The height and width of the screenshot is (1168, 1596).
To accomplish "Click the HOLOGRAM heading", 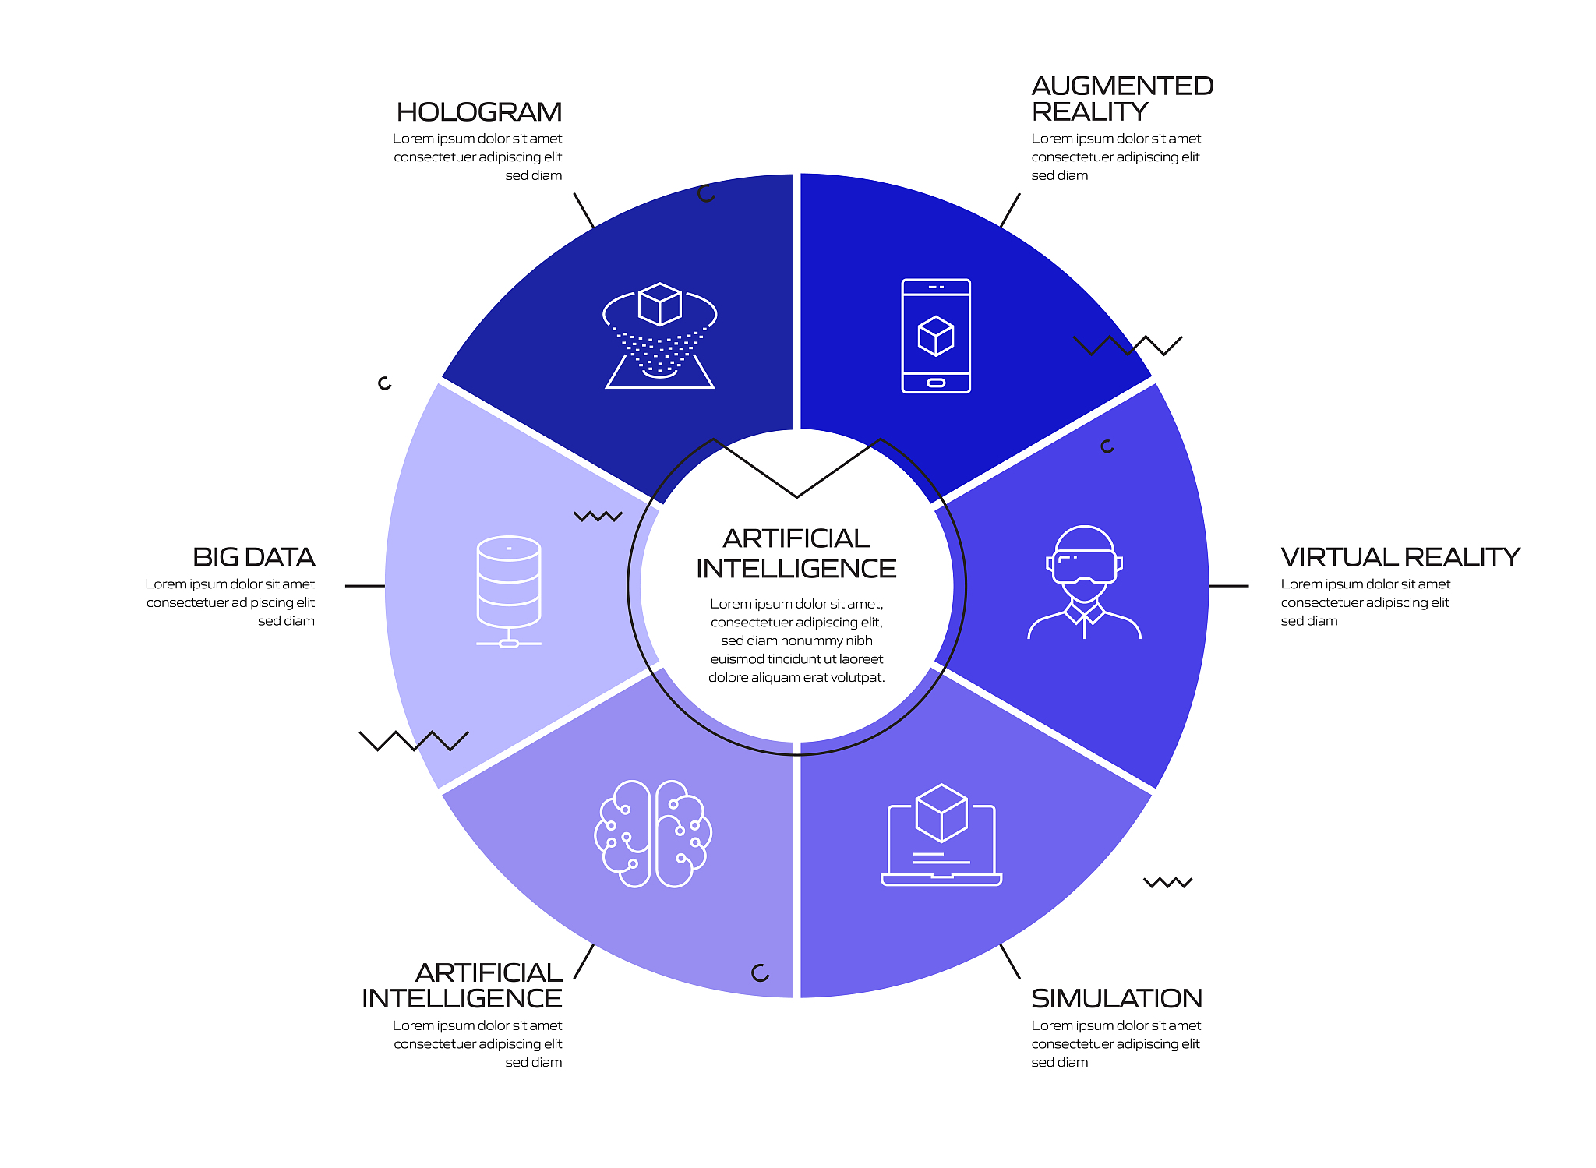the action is (x=478, y=112).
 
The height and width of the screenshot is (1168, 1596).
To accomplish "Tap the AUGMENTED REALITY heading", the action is (x=1122, y=99).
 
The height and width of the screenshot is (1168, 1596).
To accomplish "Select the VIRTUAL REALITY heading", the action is (x=1400, y=557).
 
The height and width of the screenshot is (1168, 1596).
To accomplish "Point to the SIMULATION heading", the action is (x=1117, y=998).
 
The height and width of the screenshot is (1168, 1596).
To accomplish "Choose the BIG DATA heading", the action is (x=254, y=557).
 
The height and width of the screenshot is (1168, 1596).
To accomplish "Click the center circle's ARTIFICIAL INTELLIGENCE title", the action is (x=796, y=553).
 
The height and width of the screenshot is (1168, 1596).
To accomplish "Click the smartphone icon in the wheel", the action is (x=936, y=336).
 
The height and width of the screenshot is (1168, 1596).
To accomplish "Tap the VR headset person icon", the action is (x=1084, y=582).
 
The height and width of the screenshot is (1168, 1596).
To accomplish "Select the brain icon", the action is (x=653, y=834).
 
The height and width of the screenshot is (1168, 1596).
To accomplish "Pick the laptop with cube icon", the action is (x=941, y=835).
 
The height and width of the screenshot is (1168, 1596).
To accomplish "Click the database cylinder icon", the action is (x=509, y=591).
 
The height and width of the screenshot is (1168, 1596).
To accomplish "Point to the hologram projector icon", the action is (x=660, y=336).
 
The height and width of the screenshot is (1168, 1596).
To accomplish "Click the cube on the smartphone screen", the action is (x=936, y=336).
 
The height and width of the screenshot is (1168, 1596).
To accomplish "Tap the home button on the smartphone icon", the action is (x=936, y=383).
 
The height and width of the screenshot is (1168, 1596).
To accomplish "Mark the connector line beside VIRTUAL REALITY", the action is (x=1228, y=586).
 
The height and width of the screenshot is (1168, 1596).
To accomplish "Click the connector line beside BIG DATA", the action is (x=365, y=586).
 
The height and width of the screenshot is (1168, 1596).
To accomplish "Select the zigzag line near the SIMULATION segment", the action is (x=1168, y=883).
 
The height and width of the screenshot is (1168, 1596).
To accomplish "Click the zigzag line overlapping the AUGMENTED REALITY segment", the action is (x=1128, y=345).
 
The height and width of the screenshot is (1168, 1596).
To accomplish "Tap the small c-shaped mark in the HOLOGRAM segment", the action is (x=706, y=194).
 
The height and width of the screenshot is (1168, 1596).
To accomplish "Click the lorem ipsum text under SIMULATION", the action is (x=1116, y=1044).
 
